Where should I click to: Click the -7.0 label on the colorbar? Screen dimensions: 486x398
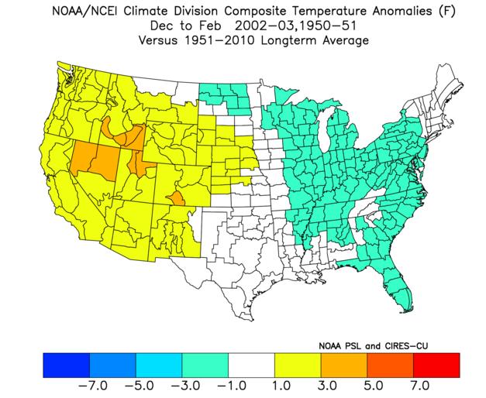tap(93, 386)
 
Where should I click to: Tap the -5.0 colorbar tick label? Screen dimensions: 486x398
tap(140, 386)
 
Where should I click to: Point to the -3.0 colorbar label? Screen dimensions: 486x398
tap(185, 386)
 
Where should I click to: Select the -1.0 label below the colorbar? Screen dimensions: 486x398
tap(232, 386)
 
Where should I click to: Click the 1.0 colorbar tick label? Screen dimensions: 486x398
tap(281, 386)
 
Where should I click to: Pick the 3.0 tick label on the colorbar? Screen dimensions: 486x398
tap(327, 386)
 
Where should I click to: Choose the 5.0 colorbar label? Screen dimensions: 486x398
tap(374, 386)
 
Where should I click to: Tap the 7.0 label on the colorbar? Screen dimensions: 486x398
tap(420, 386)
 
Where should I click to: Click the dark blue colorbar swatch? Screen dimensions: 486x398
tap(67, 365)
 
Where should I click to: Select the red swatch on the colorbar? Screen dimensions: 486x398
tap(436, 365)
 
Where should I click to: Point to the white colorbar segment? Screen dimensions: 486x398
tap(251, 365)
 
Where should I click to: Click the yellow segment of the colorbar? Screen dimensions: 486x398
tap(298, 365)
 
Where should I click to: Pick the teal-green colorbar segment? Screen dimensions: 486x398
tap(205, 365)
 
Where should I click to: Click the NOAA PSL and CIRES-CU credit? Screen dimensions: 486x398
tap(373, 345)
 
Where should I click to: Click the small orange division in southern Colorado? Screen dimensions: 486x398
tap(177, 198)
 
